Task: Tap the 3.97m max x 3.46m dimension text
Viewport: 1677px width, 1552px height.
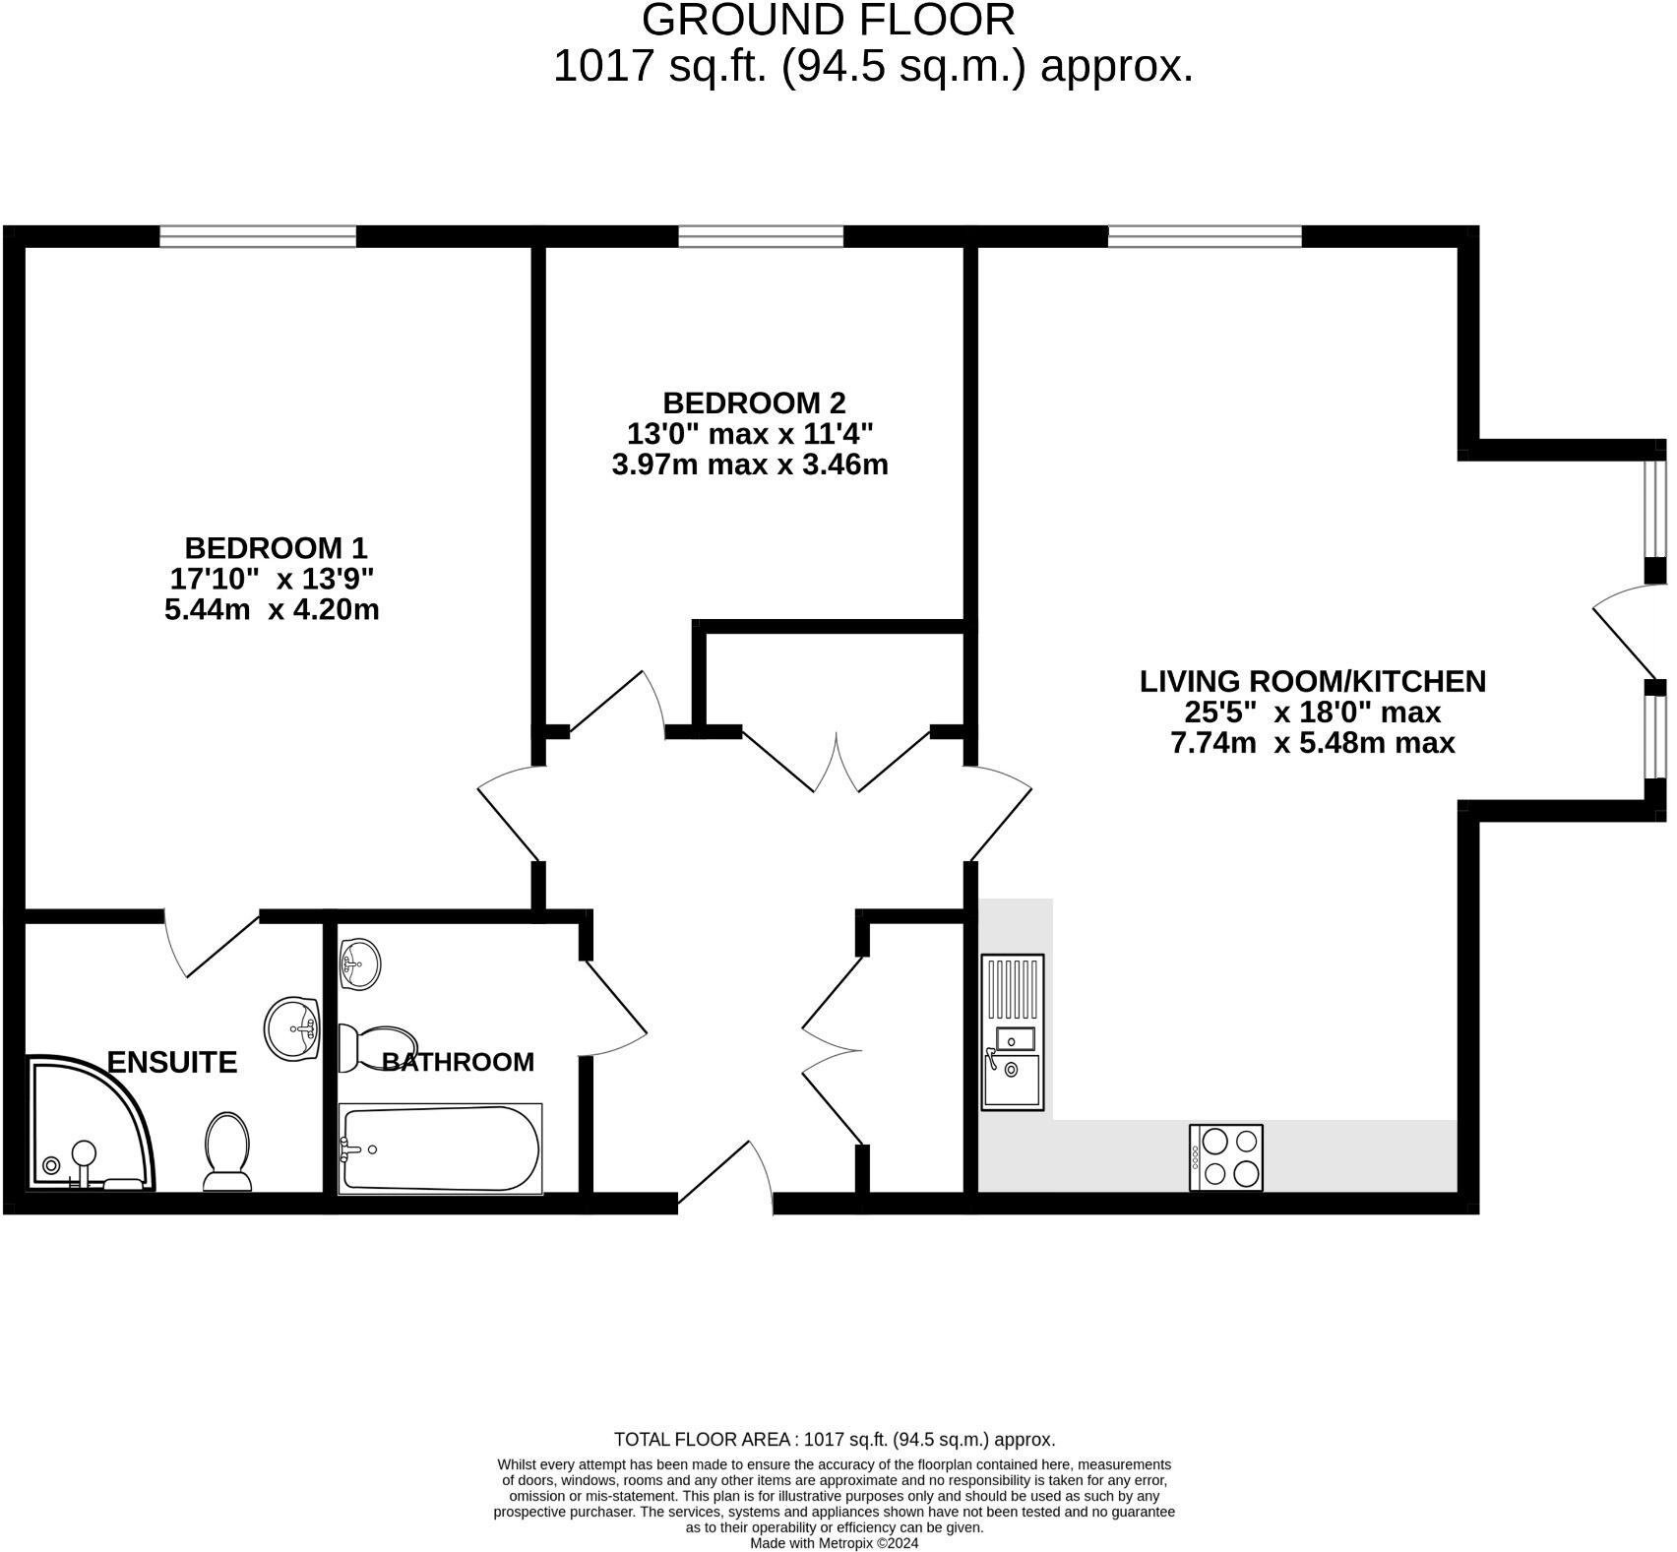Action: pos(750,465)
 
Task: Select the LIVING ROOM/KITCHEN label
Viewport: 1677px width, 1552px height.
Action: pos(1312,681)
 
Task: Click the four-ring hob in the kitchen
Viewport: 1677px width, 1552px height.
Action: pos(1225,1157)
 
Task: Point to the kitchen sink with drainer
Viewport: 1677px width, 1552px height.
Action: pos(1012,1032)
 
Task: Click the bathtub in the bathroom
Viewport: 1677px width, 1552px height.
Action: pos(440,1148)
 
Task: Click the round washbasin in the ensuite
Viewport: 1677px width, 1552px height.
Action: pos(293,1028)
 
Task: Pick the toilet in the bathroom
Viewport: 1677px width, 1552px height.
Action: pos(376,1047)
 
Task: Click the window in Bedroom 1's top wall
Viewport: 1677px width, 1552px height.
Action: pos(258,236)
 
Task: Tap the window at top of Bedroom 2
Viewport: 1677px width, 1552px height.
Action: pos(761,236)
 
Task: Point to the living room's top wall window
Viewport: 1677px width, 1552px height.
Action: pos(1205,236)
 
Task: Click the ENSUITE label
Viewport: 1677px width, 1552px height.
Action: pos(172,1062)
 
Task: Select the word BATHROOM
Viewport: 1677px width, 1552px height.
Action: pos(458,1062)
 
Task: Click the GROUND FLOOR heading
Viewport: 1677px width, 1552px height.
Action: pos(828,20)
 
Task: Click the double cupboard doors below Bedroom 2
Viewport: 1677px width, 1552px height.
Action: pos(837,763)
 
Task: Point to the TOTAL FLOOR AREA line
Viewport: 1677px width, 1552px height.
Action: pos(835,1439)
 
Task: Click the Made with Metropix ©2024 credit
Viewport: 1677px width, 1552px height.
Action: pos(834,1543)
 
